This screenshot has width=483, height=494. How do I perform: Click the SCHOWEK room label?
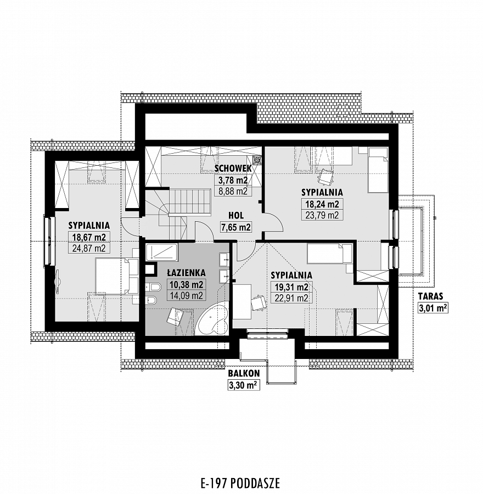click(233, 169)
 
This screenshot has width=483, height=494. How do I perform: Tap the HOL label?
click(236, 216)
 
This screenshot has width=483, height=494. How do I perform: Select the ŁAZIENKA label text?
click(186, 272)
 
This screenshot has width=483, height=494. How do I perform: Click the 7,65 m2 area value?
click(235, 227)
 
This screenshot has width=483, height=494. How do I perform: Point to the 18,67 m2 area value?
click(89, 237)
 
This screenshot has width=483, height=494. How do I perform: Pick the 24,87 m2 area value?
click(89, 248)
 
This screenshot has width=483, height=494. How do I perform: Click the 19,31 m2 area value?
click(291, 287)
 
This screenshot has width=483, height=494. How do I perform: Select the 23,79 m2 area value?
click(322, 215)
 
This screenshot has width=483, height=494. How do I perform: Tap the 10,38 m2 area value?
click(186, 284)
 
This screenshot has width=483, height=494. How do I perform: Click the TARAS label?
click(430, 296)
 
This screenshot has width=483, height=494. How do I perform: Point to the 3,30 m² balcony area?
click(244, 385)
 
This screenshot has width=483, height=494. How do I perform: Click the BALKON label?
click(244, 373)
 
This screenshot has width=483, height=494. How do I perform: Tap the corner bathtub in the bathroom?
click(212, 318)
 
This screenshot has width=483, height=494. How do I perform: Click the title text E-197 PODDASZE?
click(240, 482)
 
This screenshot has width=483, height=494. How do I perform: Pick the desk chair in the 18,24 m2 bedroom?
click(325, 177)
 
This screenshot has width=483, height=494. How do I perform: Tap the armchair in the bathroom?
click(175, 316)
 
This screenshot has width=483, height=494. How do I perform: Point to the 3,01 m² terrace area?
click(433, 307)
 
